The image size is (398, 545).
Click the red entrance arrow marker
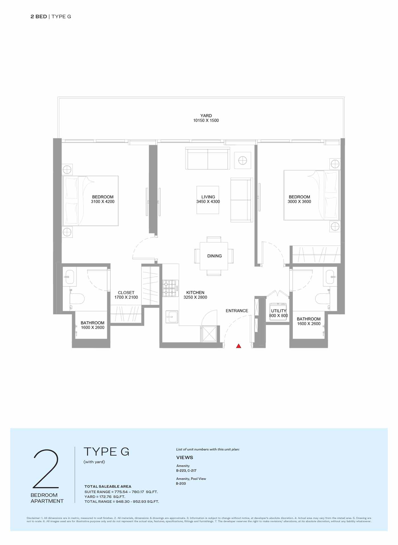(x=239, y=346)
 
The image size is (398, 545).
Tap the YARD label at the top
(x=206, y=116)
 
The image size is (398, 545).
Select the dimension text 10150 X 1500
(x=206, y=120)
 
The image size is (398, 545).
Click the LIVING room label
(x=208, y=197)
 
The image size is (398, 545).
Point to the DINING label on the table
(x=215, y=256)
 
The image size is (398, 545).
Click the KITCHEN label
(x=195, y=293)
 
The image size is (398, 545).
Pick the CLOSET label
(x=126, y=293)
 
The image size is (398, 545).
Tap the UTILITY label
(x=279, y=311)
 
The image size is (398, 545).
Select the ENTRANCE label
(x=237, y=311)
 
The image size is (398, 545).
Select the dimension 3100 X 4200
(x=103, y=202)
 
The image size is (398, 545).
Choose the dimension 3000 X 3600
(x=299, y=202)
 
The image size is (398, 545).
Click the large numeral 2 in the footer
(x=46, y=469)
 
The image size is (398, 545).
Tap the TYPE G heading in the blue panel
(x=106, y=452)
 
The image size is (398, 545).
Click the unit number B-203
(x=181, y=483)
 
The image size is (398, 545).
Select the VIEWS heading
(x=185, y=457)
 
